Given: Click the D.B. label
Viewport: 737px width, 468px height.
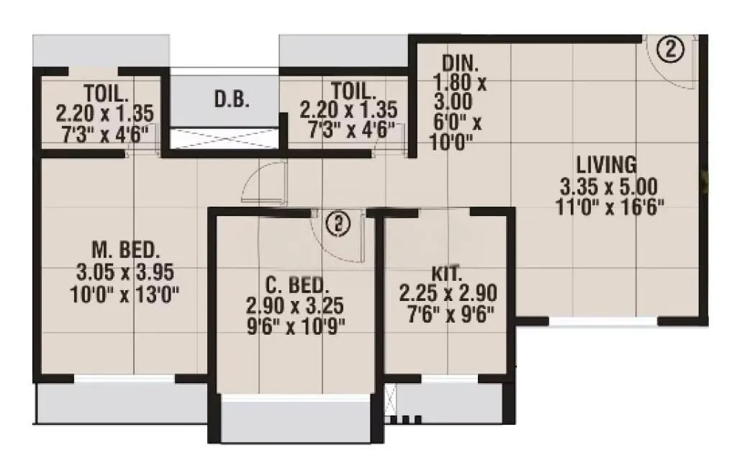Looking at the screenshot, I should tap(232, 99).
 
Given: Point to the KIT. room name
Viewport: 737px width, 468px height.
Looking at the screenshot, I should tap(447, 274).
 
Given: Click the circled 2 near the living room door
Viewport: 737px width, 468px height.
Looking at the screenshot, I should tap(670, 50).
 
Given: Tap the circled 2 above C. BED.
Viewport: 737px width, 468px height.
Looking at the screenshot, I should tap(337, 224).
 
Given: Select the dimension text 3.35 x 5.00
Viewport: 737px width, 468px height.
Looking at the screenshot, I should tap(609, 188).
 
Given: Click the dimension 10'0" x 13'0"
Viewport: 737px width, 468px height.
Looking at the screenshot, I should tap(125, 294).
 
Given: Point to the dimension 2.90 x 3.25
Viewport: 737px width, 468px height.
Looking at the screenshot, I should tap(296, 305).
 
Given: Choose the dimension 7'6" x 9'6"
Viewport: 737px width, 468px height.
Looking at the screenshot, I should tap(447, 315).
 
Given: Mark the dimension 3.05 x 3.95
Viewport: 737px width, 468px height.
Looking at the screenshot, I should tap(125, 272).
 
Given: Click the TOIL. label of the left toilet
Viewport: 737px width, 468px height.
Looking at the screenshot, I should tap(104, 92).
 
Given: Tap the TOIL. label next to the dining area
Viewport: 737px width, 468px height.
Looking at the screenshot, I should tap(353, 91).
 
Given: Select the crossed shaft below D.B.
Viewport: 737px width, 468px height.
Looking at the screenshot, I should tap(223, 137).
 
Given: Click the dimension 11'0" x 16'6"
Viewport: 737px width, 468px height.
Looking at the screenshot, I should tap(609, 209).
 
